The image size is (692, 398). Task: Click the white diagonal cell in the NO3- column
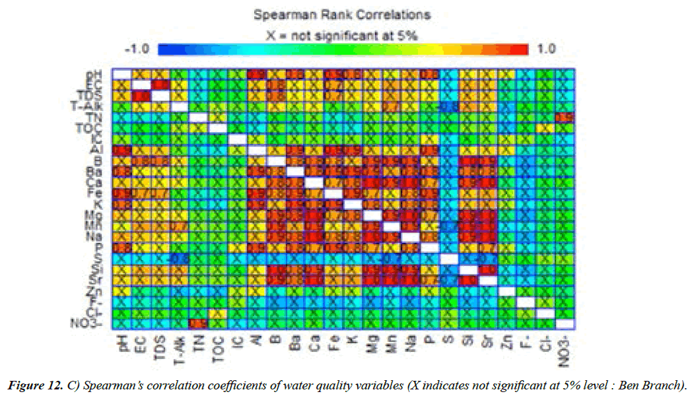563,324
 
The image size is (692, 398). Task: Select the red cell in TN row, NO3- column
563,117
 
